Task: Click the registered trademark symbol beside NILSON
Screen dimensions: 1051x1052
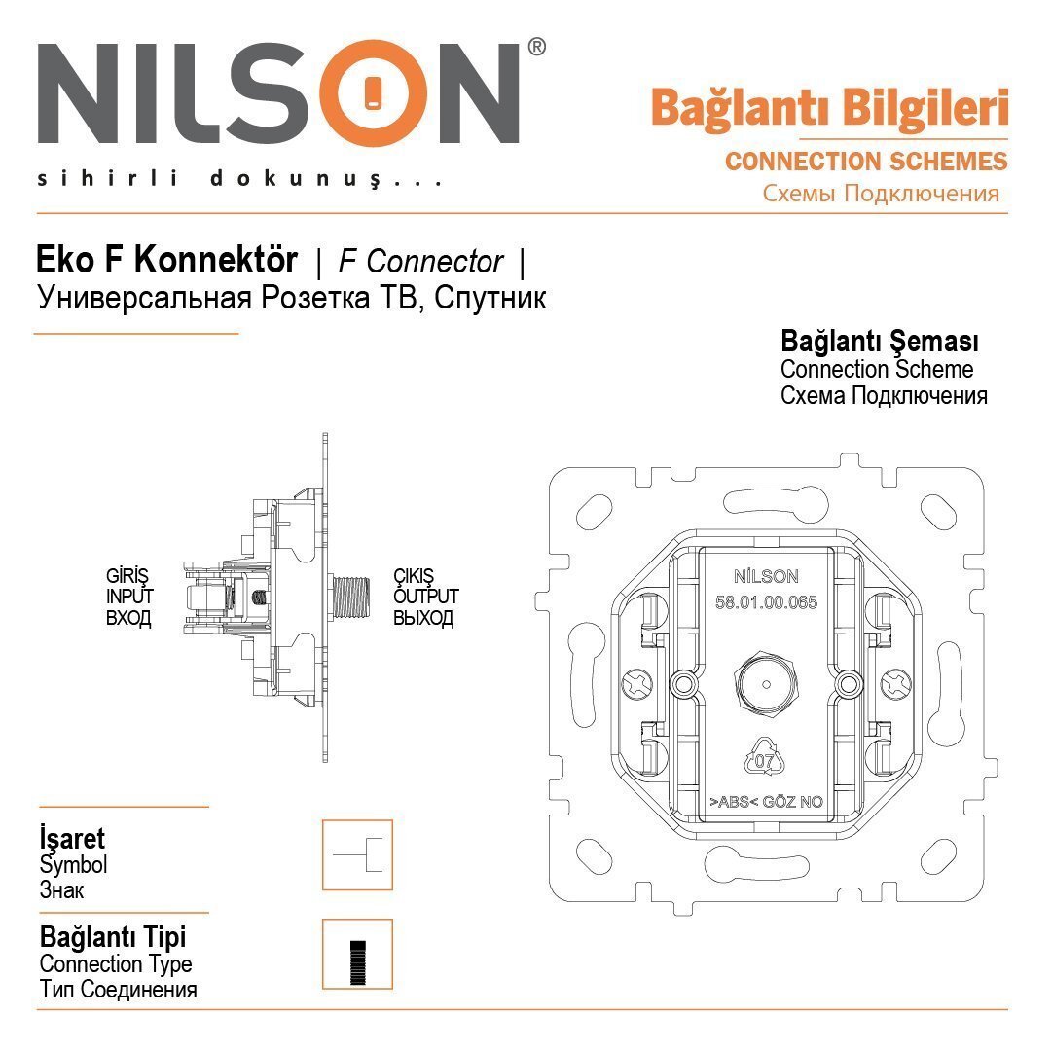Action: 536,47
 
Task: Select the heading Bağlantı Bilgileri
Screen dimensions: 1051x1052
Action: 829,109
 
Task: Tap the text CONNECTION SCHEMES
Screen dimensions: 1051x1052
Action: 865,162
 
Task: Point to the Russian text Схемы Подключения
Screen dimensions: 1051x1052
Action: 881,193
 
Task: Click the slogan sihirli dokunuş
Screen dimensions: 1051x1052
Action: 238,179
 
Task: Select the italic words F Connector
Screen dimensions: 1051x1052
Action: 420,262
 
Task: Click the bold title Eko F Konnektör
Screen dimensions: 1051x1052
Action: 166,261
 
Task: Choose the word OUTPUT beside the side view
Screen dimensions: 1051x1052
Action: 425,597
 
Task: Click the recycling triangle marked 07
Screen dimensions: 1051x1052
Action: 763,758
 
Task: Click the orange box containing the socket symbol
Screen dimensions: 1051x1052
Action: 357,854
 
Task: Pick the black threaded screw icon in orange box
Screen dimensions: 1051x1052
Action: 357,955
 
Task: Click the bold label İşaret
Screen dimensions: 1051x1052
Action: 72,838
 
